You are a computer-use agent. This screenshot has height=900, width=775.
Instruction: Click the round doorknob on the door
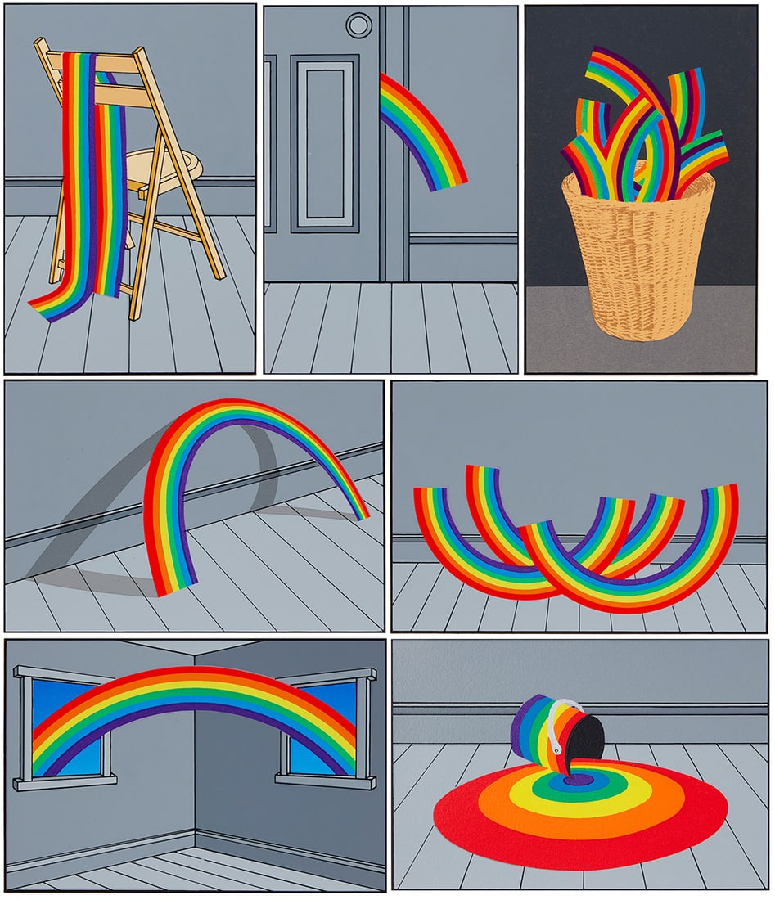click(358, 25)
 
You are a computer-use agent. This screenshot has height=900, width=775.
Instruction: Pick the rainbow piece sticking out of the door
click(421, 131)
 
